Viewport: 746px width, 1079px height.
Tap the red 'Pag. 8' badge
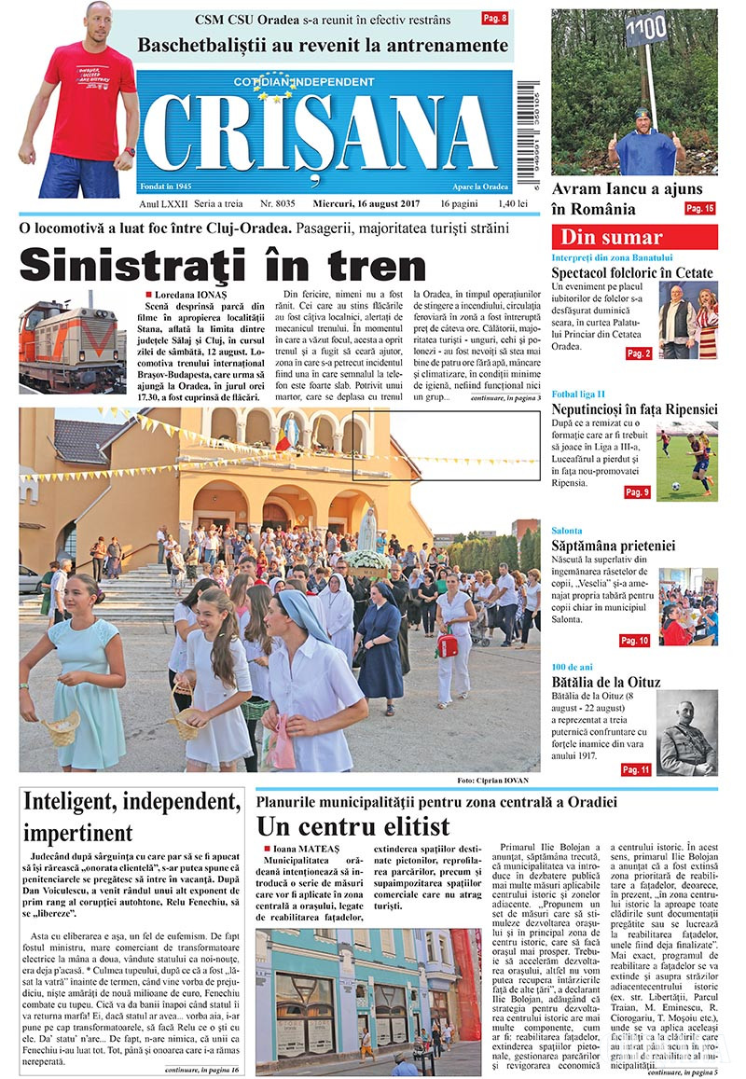[494, 18]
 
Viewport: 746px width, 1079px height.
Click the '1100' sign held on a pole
[645, 30]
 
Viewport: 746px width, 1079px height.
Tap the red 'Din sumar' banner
[634, 237]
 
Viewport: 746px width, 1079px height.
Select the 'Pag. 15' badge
[699, 209]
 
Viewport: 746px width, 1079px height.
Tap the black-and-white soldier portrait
[687, 731]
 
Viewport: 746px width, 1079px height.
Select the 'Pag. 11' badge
[635, 769]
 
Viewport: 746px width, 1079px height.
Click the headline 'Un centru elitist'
[353, 825]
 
